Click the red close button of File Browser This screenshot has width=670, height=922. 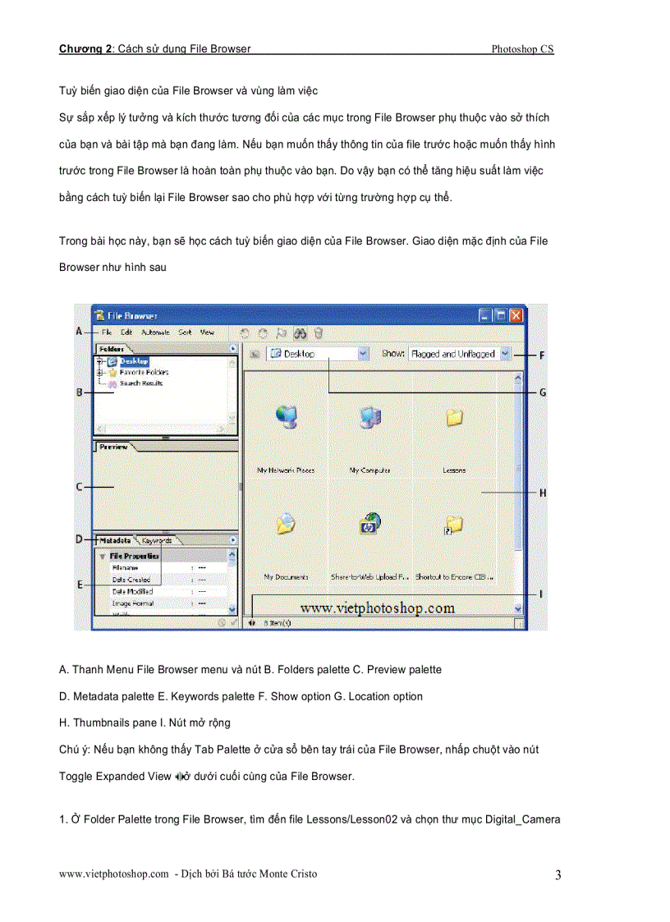516,315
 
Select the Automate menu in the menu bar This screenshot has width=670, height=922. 155,333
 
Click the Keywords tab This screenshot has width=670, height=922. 156,540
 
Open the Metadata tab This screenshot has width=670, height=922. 115,540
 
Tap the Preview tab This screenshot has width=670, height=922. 113,447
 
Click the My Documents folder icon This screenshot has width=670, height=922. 285,525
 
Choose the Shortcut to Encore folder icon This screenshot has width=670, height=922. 453,525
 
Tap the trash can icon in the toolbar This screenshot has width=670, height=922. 319,333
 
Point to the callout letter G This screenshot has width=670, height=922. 542,392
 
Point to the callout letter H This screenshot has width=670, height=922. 542,493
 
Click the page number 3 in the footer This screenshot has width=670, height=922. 558,875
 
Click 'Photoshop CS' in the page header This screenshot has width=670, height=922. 522,49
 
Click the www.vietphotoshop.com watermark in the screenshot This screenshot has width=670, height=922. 377,608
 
